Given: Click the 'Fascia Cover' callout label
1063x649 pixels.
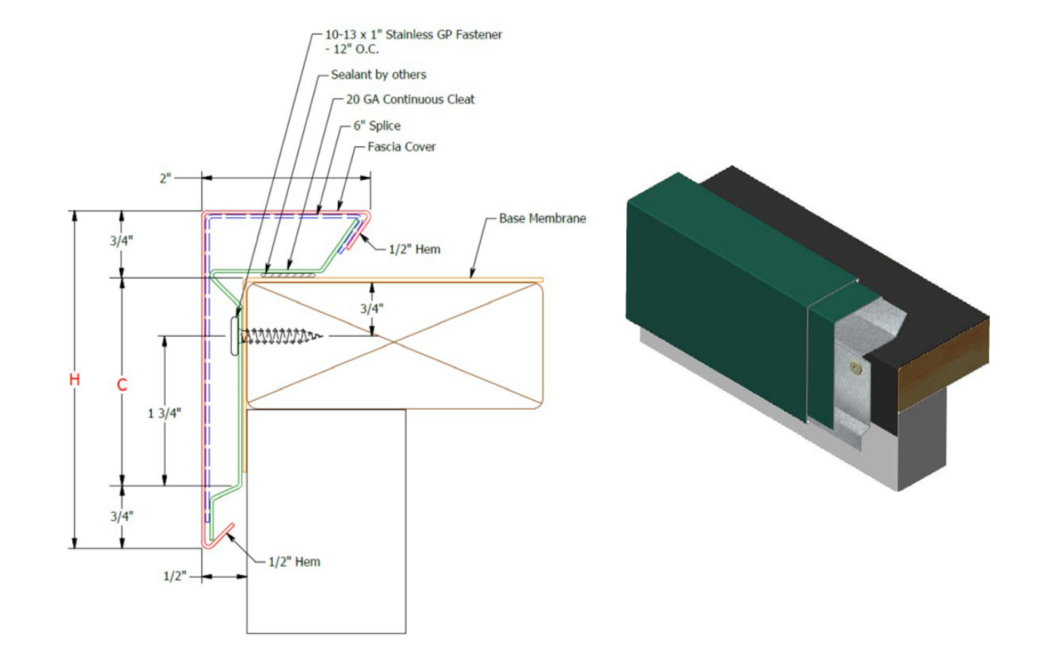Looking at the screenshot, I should (401, 147).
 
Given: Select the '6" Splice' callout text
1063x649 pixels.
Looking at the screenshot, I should (376, 125).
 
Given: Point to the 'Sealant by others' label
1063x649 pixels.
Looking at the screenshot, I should (378, 75).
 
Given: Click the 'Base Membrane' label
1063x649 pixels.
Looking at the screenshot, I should (542, 219).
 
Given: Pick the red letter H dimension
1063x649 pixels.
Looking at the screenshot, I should (75, 380).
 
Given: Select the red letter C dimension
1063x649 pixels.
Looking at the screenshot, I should (121, 385).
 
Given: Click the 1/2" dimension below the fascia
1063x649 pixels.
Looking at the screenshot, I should (174, 576).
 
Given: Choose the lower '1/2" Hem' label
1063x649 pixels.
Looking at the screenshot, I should (294, 562).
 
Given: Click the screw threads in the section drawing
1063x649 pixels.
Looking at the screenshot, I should (282, 335).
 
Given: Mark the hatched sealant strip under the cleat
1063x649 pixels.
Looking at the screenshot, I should (287, 271).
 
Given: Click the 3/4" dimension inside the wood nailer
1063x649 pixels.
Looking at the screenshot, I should (371, 308).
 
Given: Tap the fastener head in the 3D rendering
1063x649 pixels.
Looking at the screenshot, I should (853, 365).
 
